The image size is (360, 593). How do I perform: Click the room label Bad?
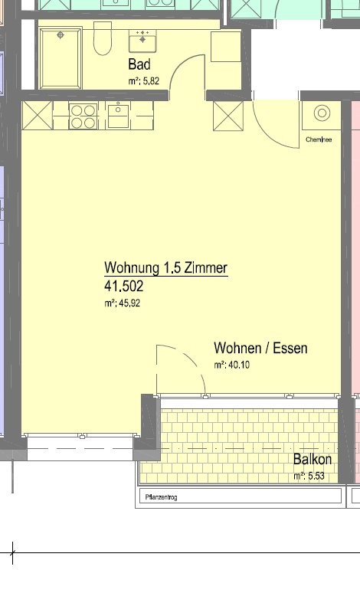point(140,64)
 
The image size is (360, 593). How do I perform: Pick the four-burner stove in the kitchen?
point(83,116)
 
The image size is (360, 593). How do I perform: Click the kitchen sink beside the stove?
point(119,116)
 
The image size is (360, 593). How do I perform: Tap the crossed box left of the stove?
point(37,116)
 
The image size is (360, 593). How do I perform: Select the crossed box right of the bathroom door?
point(227,116)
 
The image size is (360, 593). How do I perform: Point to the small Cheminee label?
point(318,139)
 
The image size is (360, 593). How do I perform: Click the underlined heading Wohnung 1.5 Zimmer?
point(166,269)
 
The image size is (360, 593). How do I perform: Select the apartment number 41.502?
point(124,287)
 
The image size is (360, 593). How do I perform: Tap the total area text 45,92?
point(123,303)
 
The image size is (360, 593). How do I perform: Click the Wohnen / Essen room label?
point(260,349)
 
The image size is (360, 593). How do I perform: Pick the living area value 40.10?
point(231,365)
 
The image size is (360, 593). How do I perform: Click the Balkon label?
point(313,460)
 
